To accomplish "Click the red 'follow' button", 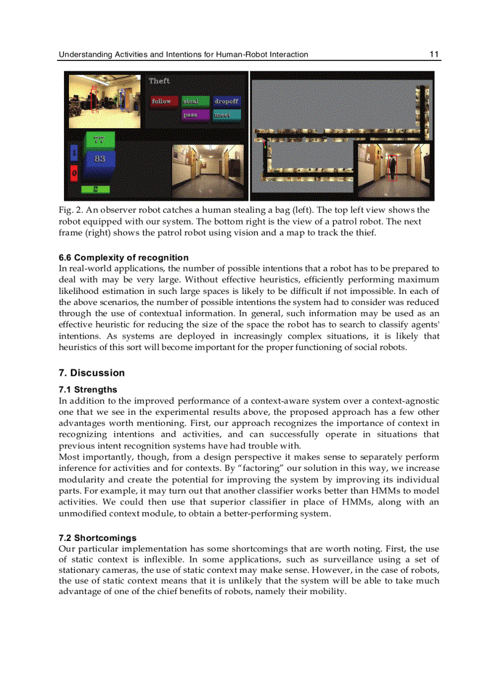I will click(162, 101).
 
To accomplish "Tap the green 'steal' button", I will click(195, 101).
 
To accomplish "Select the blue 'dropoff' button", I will click(226, 101).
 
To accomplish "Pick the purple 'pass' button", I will click(195, 115).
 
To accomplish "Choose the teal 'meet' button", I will click(226, 115).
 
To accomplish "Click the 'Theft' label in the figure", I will click(159, 81).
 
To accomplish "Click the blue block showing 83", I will click(99, 159).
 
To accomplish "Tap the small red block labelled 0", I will click(74, 173).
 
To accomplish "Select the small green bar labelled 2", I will click(96, 189).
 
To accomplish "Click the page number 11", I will click(434, 54).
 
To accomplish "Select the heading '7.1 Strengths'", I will click(88, 389).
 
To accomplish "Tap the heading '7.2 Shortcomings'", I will click(98, 538).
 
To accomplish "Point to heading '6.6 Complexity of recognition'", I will click(123, 257).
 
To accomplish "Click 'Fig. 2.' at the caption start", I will click(70, 210).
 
